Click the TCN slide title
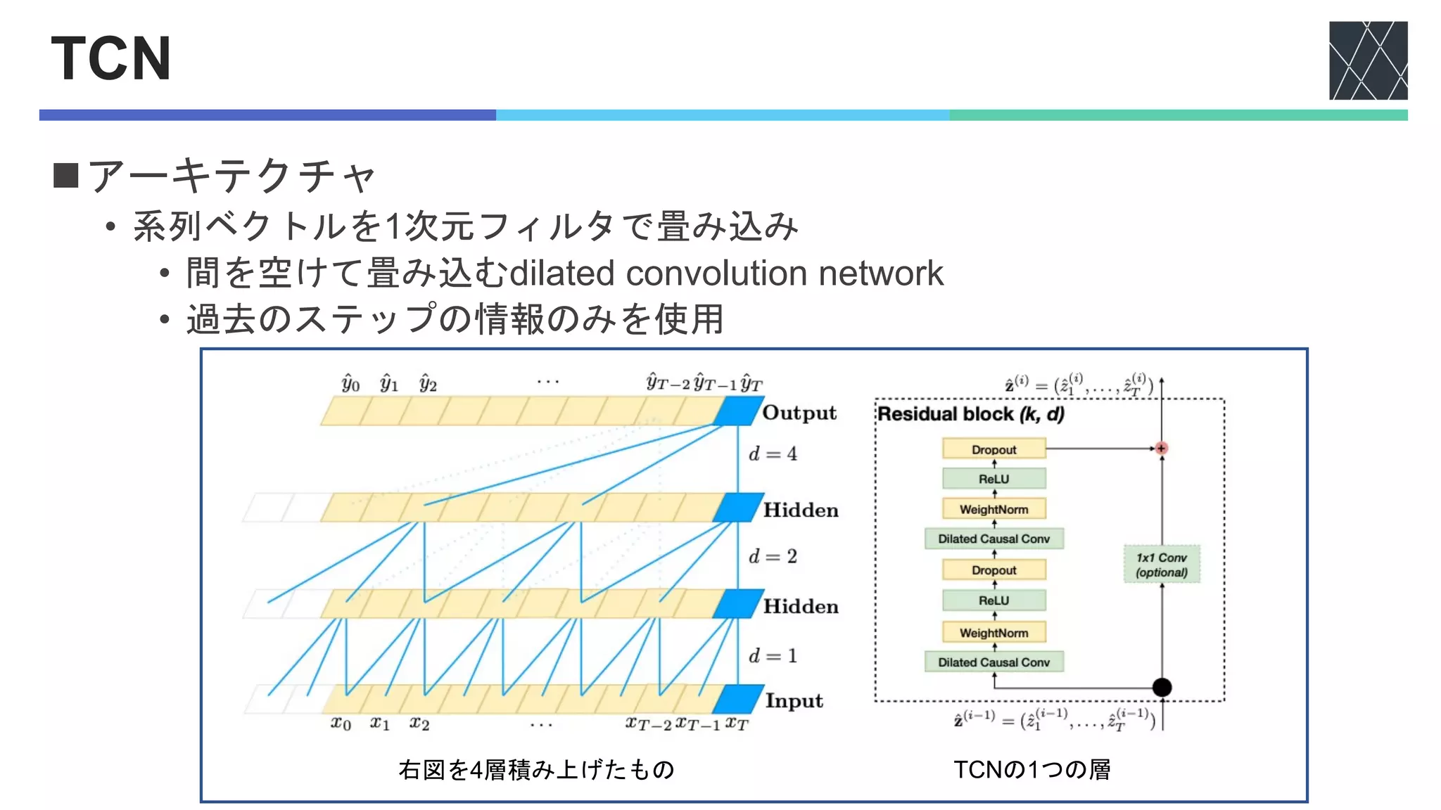pyautogui.click(x=111, y=58)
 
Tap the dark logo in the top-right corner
pyautogui.click(x=1368, y=60)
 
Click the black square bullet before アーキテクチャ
pyautogui.click(x=65, y=175)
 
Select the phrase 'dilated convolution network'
pyautogui.click(x=726, y=273)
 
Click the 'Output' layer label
pyautogui.click(x=799, y=413)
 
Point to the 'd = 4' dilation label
pyautogui.click(x=773, y=454)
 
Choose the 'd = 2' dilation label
pyautogui.click(x=773, y=556)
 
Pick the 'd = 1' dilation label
pyautogui.click(x=773, y=655)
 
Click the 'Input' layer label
pyautogui.click(x=794, y=701)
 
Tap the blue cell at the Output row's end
pyautogui.click(x=737, y=411)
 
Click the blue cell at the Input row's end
pyautogui.click(x=737, y=699)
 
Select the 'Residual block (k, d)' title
pyautogui.click(x=970, y=414)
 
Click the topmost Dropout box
pyautogui.click(x=994, y=449)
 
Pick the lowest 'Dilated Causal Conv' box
pyautogui.click(x=994, y=662)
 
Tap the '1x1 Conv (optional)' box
pyautogui.click(x=1161, y=565)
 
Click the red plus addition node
pyautogui.click(x=1161, y=448)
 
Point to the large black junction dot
pyautogui.click(x=1162, y=687)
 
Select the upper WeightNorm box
pyautogui.click(x=994, y=509)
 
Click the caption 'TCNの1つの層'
pyautogui.click(x=1031, y=770)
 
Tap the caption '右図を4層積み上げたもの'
pyautogui.click(x=536, y=770)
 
